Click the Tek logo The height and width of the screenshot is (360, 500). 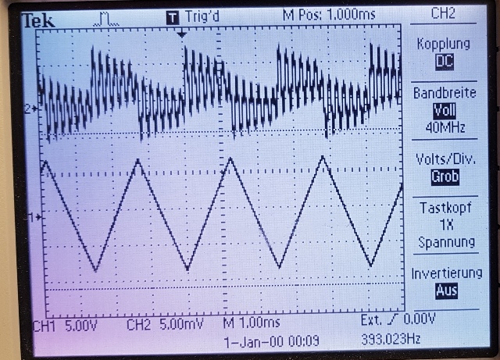coord(38,21)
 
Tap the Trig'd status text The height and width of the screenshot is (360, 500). coord(202,16)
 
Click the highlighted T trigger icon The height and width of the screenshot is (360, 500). coord(173,18)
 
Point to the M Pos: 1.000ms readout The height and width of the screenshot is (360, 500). coord(329,15)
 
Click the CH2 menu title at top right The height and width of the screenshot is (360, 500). coord(443,13)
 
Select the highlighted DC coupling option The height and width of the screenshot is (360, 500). coord(445,61)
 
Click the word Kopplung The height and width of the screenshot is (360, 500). coord(443,44)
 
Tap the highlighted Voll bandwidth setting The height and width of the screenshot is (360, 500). coord(445,111)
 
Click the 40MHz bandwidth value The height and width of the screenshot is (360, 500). coord(445,128)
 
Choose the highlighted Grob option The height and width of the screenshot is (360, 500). coord(445,177)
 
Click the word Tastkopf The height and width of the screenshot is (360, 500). coord(445,208)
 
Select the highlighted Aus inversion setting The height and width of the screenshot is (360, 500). coord(446,290)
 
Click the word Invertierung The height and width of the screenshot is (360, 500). coord(446,273)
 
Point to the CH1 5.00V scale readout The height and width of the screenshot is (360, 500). coord(65,326)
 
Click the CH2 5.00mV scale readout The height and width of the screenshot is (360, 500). coord(165,325)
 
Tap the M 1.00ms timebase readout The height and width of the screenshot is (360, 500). coord(252,323)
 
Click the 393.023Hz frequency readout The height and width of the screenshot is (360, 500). coord(391,339)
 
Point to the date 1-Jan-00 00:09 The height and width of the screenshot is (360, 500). coord(272,342)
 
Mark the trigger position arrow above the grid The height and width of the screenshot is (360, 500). coord(181,34)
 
